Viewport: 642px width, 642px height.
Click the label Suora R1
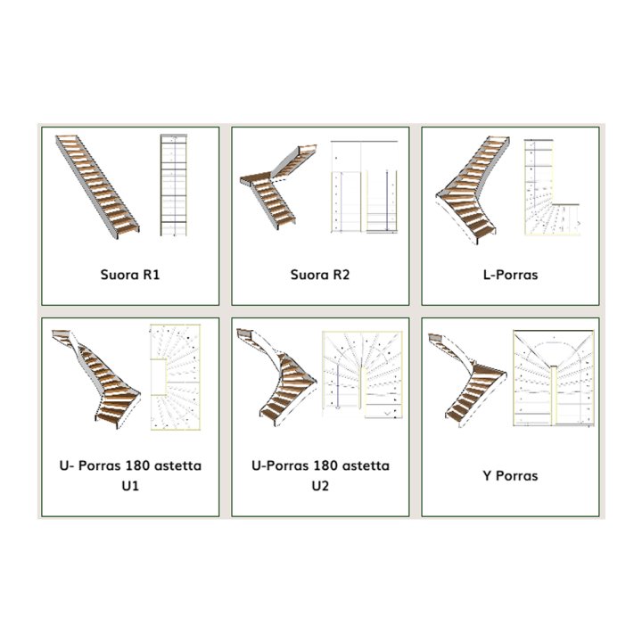(x=130, y=275)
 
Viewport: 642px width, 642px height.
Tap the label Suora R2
(x=320, y=275)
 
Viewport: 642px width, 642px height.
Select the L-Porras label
(x=510, y=275)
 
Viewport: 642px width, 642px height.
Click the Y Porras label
(x=510, y=476)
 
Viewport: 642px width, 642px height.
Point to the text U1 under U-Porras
(x=130, y=486)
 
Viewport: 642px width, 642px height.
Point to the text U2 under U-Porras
(x=320, y=486)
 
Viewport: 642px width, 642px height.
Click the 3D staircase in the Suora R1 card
(x=97, y=186)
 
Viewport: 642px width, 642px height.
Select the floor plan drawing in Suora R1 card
(x=174, y=185)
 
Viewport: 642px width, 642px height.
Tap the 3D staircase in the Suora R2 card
(x=277, y=186)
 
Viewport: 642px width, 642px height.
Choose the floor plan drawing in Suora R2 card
(x=364, y=187)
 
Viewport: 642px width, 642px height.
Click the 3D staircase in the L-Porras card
(x=473, y=191)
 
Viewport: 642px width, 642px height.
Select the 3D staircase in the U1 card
(x=96, y=379)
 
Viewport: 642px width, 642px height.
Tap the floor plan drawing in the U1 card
(x=176, y=377)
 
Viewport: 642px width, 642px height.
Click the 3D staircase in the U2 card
(x=276, y=377)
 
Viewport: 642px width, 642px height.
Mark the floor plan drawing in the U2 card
(x=363, y=374)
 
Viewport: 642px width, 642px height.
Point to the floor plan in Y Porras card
(x=554, y=378)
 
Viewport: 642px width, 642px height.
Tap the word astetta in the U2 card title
(x=366, y=466)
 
